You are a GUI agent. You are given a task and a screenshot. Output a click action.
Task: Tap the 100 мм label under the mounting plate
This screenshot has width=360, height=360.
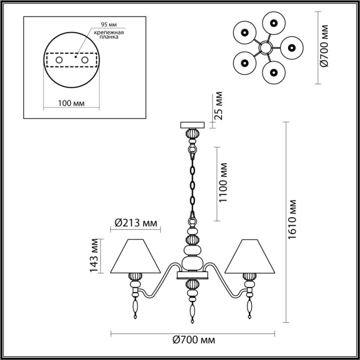point(71,103)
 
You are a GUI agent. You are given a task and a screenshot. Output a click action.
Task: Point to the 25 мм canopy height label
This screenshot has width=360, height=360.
point(218,106)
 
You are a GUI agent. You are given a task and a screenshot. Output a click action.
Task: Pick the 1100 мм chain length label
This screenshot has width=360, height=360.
point(223,182)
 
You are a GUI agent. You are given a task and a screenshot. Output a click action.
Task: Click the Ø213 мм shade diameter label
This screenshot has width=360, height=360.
point(135,223)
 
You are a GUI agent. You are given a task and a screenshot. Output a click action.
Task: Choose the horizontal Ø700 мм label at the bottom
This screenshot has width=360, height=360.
point(193,340)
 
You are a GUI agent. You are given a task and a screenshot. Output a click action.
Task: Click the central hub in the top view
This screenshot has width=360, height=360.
point(265,49)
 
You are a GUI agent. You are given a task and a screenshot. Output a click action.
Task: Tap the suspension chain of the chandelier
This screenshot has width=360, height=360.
point(192,183)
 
